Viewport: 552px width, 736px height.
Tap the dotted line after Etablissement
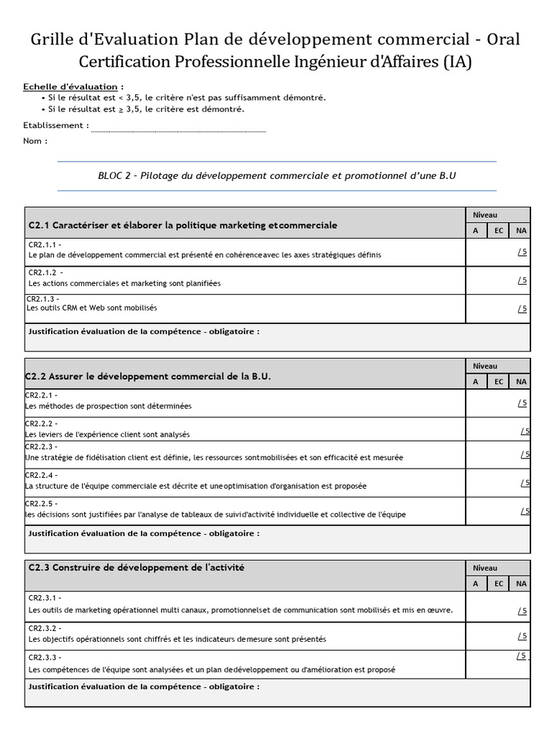(178, 130)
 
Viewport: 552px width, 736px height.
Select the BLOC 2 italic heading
(277, 176)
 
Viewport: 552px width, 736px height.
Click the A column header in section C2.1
(476, 231)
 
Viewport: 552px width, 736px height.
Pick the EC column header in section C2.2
(498, 382)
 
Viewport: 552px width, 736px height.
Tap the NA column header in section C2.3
(520, 584)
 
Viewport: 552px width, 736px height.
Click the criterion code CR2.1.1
(44, 244)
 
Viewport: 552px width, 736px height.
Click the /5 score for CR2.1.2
(523, 280)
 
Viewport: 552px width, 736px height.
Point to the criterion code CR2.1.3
(42, 299)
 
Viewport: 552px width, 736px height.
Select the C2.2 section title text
(149, 377)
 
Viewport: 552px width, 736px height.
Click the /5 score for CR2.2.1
(523, 403)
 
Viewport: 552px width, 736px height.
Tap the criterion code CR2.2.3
(41, 447)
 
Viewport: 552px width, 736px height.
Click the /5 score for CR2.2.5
(525, 511)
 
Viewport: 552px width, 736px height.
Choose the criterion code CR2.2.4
(41, 475)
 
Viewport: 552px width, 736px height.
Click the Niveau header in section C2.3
(484, 567)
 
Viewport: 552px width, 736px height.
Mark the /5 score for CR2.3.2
(523, 636)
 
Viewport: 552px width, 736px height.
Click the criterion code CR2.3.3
(44, 657)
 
